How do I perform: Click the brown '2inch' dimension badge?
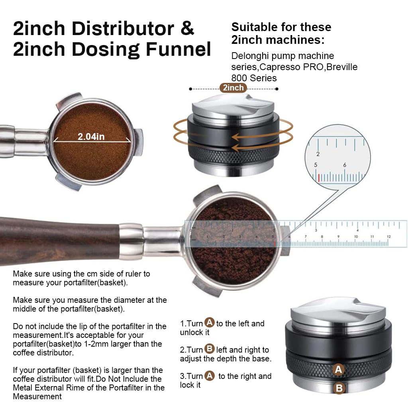coord(233,88)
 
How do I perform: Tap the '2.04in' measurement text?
coord(91,137)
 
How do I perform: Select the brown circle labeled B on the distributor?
coord(339,388)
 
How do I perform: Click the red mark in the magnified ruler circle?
coord(319,178)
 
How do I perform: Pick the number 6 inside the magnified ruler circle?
coord(345,165)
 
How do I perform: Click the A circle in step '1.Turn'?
coord(210,323)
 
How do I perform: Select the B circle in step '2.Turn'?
coord(210,349)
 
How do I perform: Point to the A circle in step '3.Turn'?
coord(210,375)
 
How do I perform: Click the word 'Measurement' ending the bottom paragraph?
coord(37,396)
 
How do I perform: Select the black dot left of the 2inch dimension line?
coord(191,89)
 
